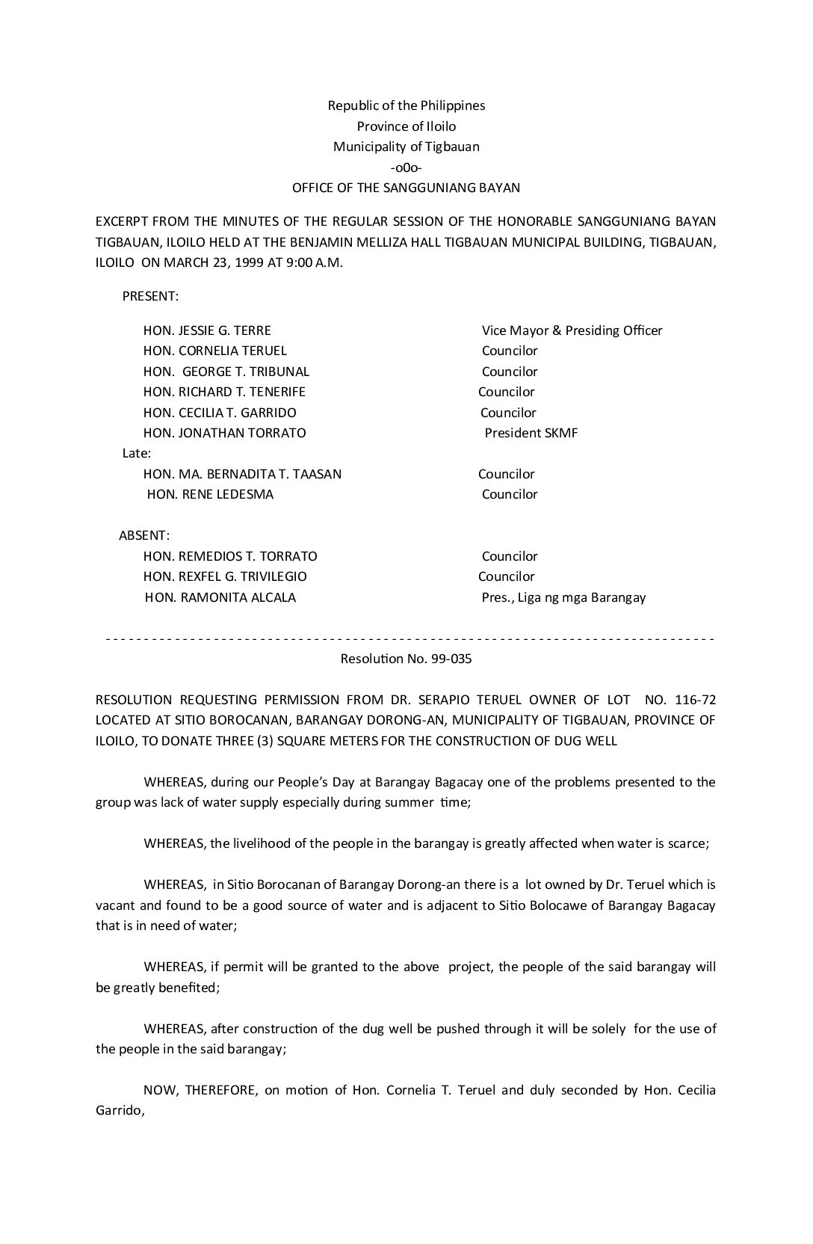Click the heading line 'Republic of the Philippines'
[406, 105]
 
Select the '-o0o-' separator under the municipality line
[406, 167]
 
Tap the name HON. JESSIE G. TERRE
[207, 330]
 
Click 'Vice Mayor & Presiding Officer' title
[572, 330]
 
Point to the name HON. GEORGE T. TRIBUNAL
[226, 372]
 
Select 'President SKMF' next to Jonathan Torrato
[531, 433]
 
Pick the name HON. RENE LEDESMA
[210, 494]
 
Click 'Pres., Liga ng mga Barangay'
[563, 597]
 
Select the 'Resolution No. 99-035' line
[406, 659]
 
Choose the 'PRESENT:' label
[150, 296]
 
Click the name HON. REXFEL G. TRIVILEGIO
[225, 576]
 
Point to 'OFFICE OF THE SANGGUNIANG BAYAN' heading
[406, 188]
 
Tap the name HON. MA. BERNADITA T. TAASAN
[242, 474]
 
